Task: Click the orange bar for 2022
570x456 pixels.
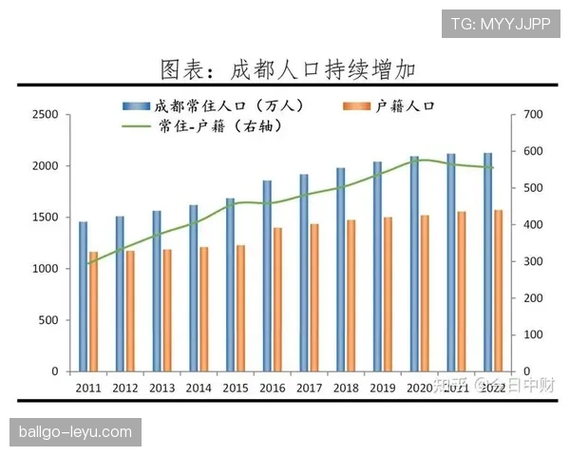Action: point(498,290)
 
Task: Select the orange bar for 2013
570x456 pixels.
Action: point(167,310)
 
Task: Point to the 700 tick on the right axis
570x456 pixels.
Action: point(531,115)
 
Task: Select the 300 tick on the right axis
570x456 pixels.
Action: point(531,261)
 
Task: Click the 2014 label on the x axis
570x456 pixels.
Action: point(199,388)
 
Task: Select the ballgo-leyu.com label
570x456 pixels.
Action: point(76,432)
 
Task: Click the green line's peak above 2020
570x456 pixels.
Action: point(419,160)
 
